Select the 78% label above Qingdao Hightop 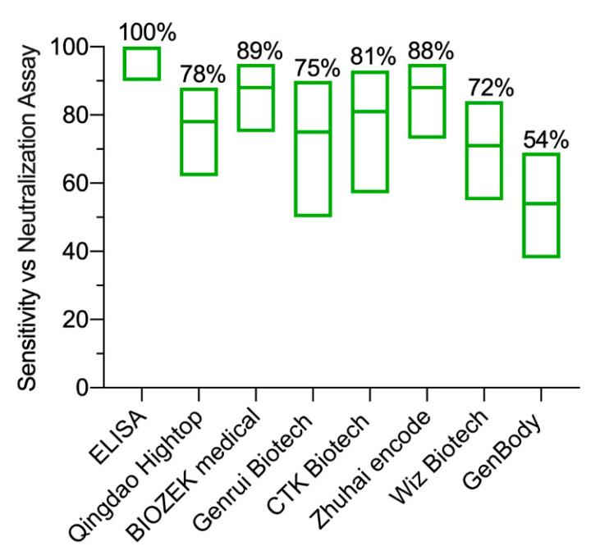(x=199, y=74)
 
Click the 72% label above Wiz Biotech (x=483, y=87)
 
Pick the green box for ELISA (x=142, y=63)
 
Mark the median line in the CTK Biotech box (x=369, y=111)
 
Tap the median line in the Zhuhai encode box (x=426, y=88)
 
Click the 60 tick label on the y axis (x=76, y=184)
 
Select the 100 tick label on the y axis (x=70, y=48)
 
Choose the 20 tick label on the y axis (x=76, y=320)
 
